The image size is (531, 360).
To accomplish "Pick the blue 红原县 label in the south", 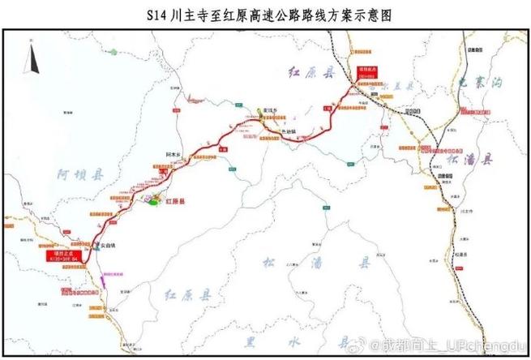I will point(189,292).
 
